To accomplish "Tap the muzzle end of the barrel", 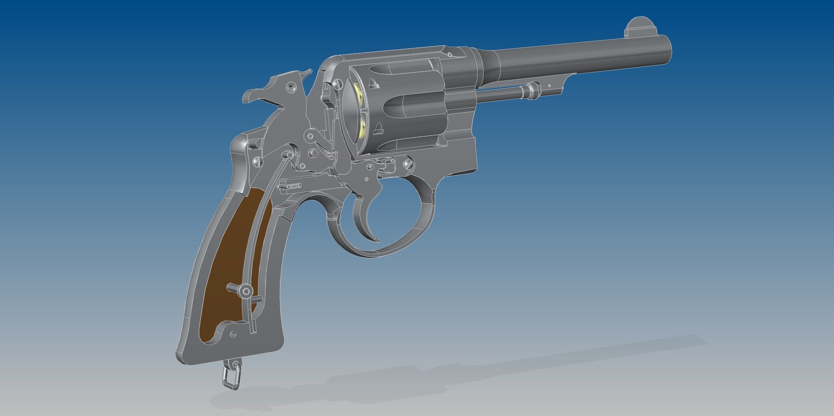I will pyautogui.click(x=666, y=50).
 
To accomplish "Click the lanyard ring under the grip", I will pyautogui.click(x=231, y=376).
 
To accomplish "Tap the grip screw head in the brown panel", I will pyautogui.click(x=246, y=292).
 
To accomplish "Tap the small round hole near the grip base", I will pyautogui.click(x=233, y=334).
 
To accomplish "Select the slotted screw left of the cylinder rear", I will pyautogui.click(x=336, y=83).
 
